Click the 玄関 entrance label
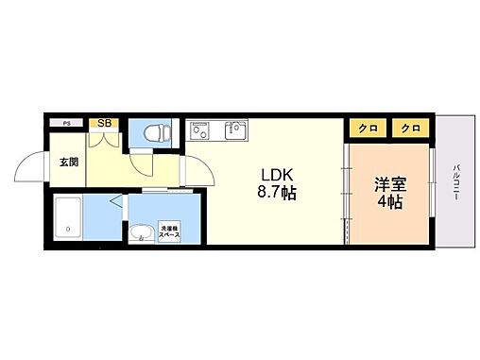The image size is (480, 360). click(x=69, y=162)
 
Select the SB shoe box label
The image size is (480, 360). click(x=104, y=123)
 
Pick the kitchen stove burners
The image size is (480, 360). click(x=200, y=132)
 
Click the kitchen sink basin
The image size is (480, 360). click(x=233, y=130)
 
